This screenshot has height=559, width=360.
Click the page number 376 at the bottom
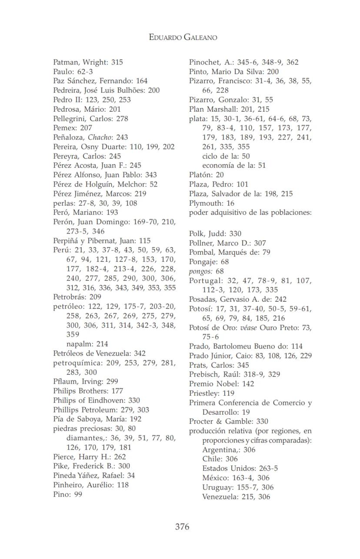pyautogui.click(x=182, y=527)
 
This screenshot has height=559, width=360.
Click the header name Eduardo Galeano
pyautogui.click(x=183, y=37)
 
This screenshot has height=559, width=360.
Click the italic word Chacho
pyautogui.click(x=97, y=137)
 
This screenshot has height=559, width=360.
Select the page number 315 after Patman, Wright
pyautogui.click(x=117, y=62)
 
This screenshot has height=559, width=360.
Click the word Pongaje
pyautogui.click(x=203, y=262)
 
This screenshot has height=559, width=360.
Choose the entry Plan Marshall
pyautogui.click(x=211, y=109)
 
